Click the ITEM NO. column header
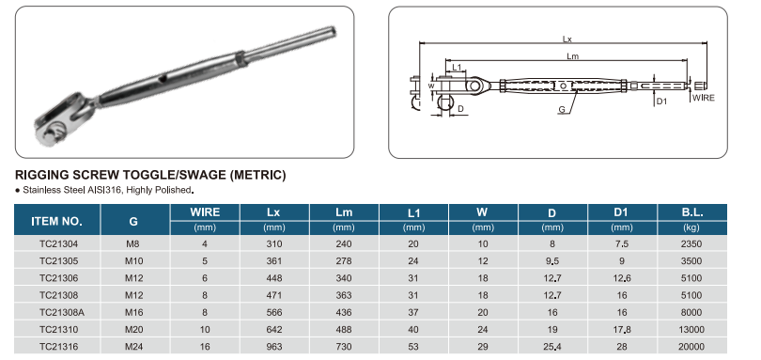[x=56, y=221]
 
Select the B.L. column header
[x=691, y=212]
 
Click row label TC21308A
[x=62, y=312]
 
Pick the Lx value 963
[x=274, y=347]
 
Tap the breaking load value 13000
[x=691, y=329]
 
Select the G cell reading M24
[x=134, y=347]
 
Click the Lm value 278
[x=344, y=261]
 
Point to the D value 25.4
[x=551, y=347]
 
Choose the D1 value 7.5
[x=622, y=243]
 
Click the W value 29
[x=482, y=347]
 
